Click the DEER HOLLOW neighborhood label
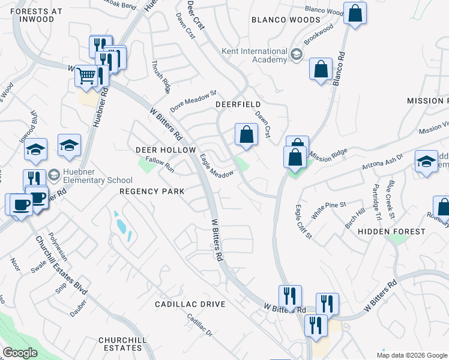point(166,149)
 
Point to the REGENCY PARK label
point(151,191)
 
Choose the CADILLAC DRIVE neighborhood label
point(190,304)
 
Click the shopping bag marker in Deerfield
point(246,134)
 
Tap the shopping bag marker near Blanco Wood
point(355,14)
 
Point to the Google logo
point(20,353)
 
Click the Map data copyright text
point(412,355)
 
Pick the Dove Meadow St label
point(192,101)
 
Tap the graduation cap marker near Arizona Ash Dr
point(427,161)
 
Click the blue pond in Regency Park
point(122,227)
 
